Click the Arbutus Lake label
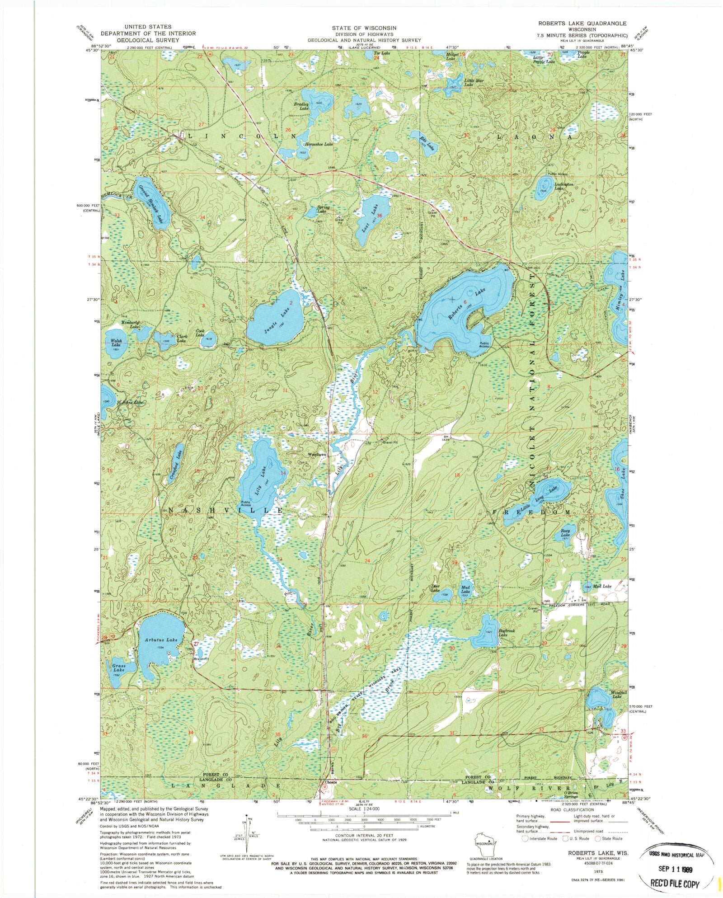tap(162, 640)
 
